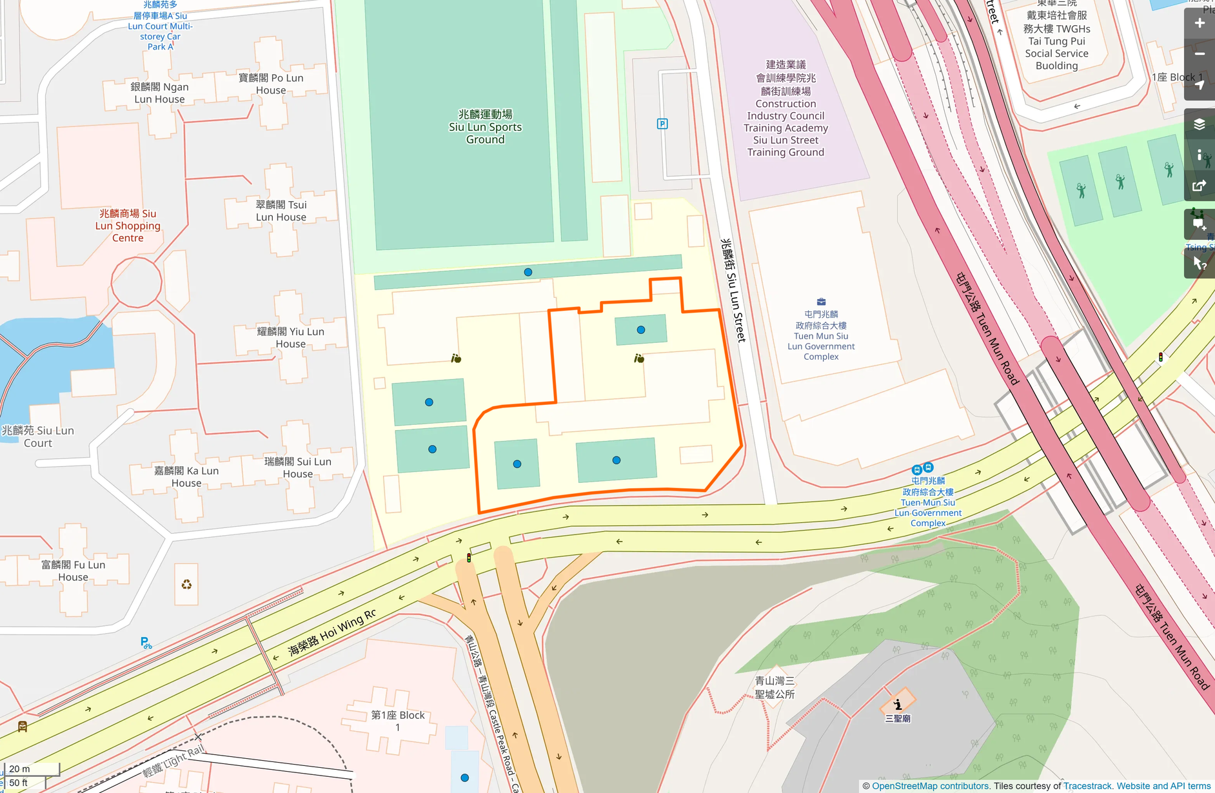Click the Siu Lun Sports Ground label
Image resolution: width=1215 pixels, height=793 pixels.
pyautogui.click(x=485, y=127)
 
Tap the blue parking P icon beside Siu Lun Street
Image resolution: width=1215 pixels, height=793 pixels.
pyautogui.click(x=662, y=124)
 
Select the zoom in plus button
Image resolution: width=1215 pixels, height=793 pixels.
pyautogui.click(x=1199, y=24)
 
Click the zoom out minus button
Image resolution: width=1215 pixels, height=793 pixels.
pyautogui.click(x=1199, y=54)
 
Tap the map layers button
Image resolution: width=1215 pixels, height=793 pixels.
pyautogui.click(x=1199, y=124)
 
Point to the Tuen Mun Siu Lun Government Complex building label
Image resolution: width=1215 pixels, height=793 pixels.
pyautogui.click(x=820, y=335)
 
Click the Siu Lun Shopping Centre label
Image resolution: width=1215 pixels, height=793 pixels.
pyautogui.click(x=128, y=226)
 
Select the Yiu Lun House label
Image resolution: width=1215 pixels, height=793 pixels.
pyautogui.click(x=290, y=337)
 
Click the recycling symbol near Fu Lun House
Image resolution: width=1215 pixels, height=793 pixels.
pyautogui.click(x=186, y=585)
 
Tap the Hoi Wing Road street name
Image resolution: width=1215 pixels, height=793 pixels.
pyautogui.click(x=331, y=632)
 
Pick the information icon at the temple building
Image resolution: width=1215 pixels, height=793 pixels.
pyautogui.click(x=897, y=704)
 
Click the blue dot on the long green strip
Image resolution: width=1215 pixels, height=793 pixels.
pyautogui.click(x=528, y=272)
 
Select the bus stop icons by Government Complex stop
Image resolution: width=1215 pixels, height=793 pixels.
pyautogui.click(x=922, y=468)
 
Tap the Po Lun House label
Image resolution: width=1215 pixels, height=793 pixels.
pyautogui.click(x=270, y=84)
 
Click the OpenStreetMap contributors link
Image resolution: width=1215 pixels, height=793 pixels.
pyautogui.click(x=930, y=786)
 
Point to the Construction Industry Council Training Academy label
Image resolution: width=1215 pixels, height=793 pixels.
pyautogui.click(x=785, y=109)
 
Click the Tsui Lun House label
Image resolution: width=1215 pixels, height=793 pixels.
pyautogui.click(x=281, y=211)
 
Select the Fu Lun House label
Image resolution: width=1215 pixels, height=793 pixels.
pyautogui.click(x=73, y=571)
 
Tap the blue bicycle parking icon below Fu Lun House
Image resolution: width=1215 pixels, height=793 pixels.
pyautogui.click(x=146, y=643)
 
